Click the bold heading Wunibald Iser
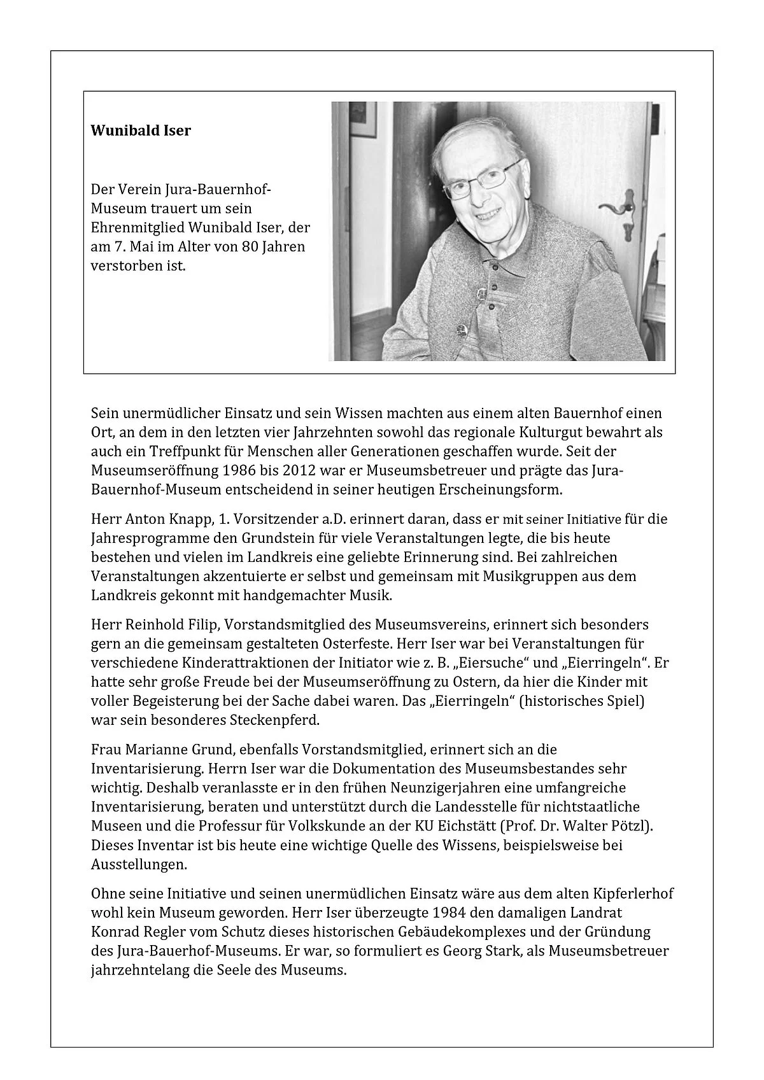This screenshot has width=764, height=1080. click(x=141, y=131)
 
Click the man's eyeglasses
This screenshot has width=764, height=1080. click(x=478, y=180)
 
